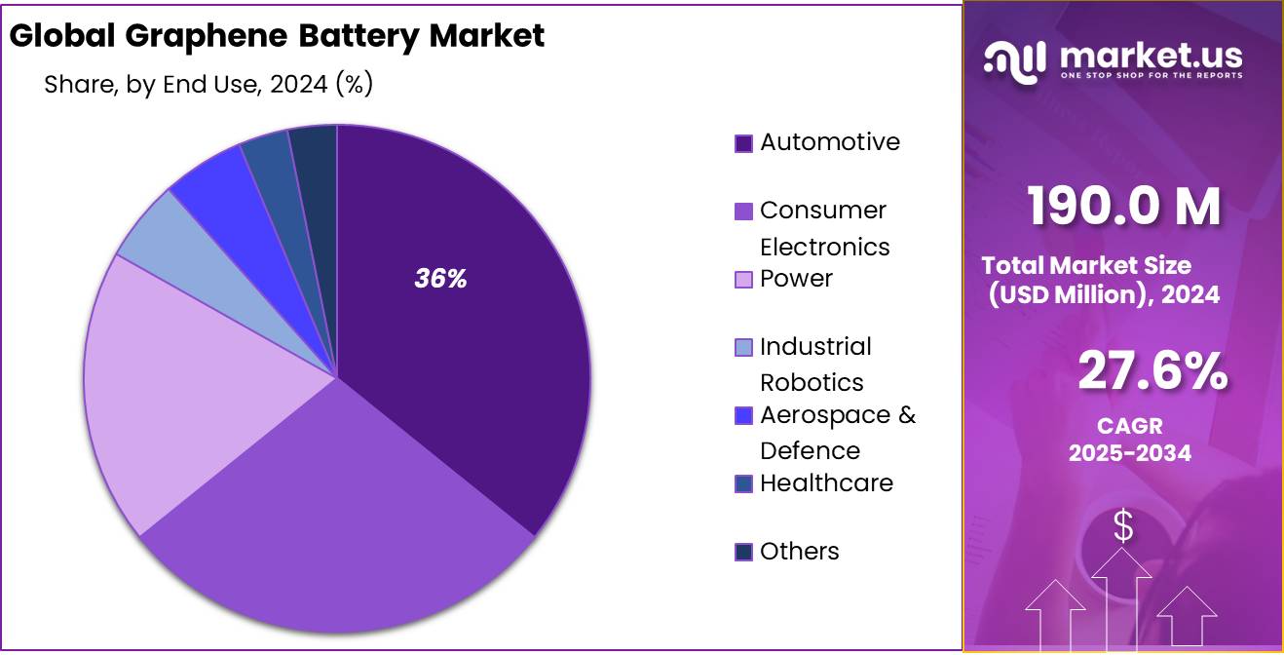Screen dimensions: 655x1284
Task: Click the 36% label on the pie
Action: tap(441, 279)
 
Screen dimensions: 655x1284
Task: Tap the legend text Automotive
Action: tap(830, 142)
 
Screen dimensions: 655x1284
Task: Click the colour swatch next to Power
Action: tap(743, 280)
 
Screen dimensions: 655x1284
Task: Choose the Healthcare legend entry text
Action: tap(826, 483)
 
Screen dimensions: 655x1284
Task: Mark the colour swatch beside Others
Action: tap(743, 553)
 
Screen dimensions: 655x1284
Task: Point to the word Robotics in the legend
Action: tap(812, 382)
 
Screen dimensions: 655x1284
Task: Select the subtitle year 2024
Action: tap(298, 85)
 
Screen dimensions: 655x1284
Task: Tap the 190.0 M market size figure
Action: tap(1123, 207)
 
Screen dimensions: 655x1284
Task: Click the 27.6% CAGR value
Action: tap(1152, 372)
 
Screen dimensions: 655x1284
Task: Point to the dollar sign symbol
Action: tap(1123, 526)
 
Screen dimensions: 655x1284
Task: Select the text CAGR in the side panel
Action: tap(1129, 426)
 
